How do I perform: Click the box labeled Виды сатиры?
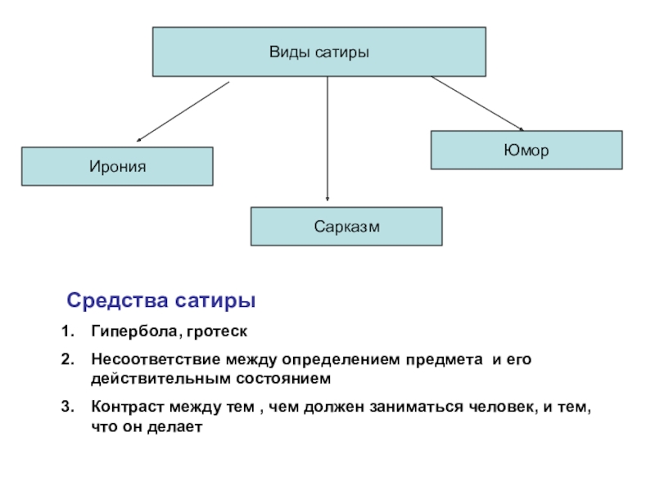coord(319,52)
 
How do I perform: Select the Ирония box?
coord(117,166)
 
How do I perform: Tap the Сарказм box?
coord(346,226)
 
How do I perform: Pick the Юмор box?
coord(526,151)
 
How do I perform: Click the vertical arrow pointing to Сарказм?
coord(327,139)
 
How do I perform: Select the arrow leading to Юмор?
coord(477,103)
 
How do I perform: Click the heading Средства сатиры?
coord(161,301)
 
